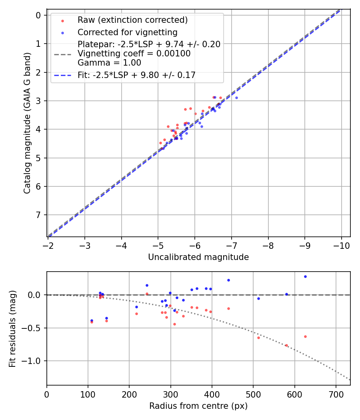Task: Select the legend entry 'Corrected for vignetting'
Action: click(127, 32)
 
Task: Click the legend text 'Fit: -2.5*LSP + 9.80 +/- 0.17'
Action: click(136, 75)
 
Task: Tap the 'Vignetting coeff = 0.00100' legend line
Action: click(134, 53)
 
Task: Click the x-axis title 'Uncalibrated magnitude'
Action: click(198, 257)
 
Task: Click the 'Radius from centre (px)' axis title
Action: click(198, 406)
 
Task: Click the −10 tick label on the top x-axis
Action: click(341, 244)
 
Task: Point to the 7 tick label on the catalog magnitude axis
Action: click(38, 215)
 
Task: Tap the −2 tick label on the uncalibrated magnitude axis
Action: click(48, 244)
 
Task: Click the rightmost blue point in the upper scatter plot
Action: click(236, 98)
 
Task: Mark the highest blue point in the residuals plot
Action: click(305, 276)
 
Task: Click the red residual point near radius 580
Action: click(286, 345)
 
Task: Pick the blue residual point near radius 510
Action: click(258, 298)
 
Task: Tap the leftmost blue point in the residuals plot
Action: click(92, 320)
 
